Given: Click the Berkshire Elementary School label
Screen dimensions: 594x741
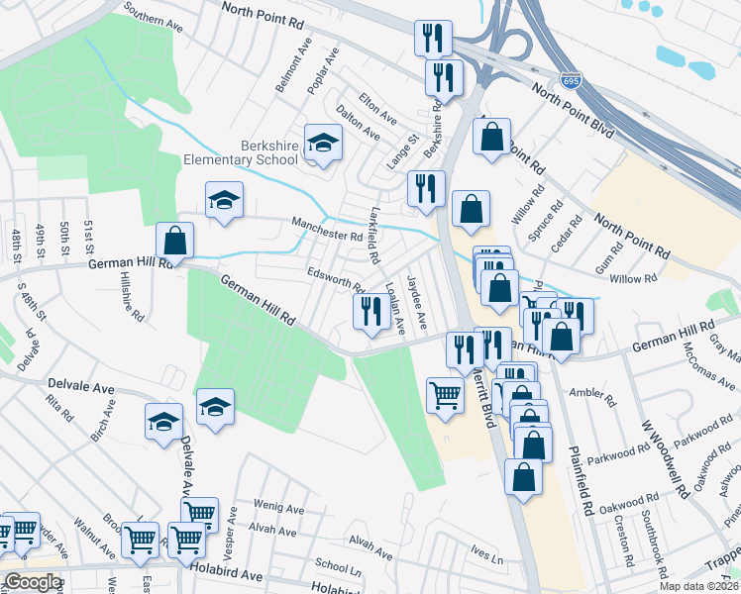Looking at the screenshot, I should pyautogui.click(x=241, y=152).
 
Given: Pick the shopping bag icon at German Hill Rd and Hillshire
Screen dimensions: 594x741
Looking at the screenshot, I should pyautogui.click(x=175, y=241).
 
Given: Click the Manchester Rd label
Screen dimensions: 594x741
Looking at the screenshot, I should pyautogui.click(x=327, y=230).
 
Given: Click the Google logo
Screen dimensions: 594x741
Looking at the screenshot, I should pyautogui.click(x=33, y=582).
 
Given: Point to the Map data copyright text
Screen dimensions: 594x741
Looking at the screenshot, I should pyautogui.click(x=699, y=586).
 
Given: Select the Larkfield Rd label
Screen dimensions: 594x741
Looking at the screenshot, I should pyautogui.click(x=373, y=236).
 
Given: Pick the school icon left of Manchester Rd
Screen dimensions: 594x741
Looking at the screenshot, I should pyautogui.click(x=224, y=201).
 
